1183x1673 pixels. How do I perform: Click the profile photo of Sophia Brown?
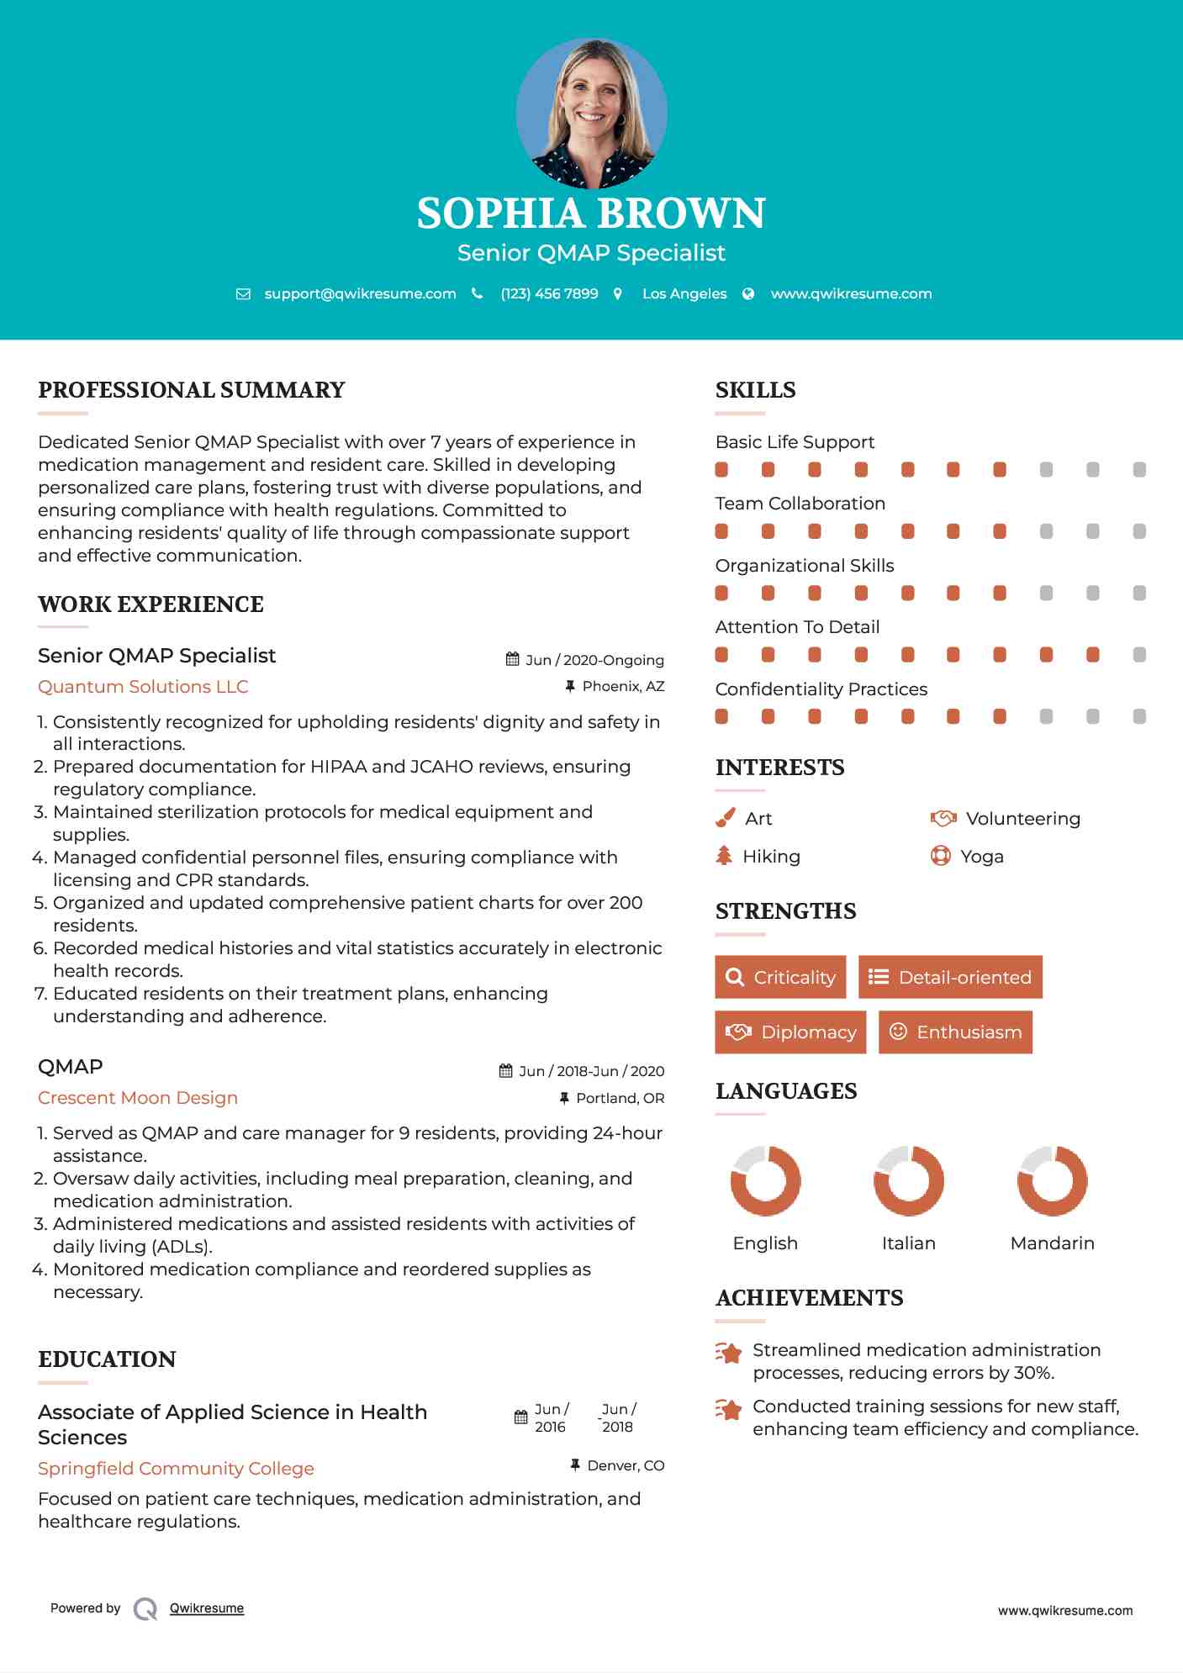[591, 113]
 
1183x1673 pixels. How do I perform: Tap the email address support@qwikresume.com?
[360, 293]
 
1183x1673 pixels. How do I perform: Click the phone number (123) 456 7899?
[549, 293]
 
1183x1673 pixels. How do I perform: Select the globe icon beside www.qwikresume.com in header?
[748, 293]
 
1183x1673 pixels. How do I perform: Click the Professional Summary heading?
[192, 390]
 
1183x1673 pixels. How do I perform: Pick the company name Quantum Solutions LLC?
[143, 687]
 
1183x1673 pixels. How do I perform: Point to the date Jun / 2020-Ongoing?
[594, 660]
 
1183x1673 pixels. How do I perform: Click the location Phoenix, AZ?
[623, 686]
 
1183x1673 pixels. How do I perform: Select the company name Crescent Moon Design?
[138, 1098]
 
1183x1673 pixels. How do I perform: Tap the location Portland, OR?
[620, 1098]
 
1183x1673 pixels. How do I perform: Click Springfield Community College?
[176, 1469]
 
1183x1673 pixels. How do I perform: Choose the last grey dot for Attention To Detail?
[1139, 655]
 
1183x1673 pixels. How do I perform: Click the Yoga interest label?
[982, 857]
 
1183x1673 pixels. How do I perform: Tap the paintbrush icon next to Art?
[725, 818]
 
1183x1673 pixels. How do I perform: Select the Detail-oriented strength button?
[950, 977]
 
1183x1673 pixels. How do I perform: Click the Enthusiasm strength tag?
[955, 1032]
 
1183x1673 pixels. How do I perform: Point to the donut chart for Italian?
[908, 1180]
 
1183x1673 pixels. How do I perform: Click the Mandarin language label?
[1052, 1243]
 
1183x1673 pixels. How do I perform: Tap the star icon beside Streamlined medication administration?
[728, 1353]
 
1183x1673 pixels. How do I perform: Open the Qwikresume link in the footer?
[207, 1608]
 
